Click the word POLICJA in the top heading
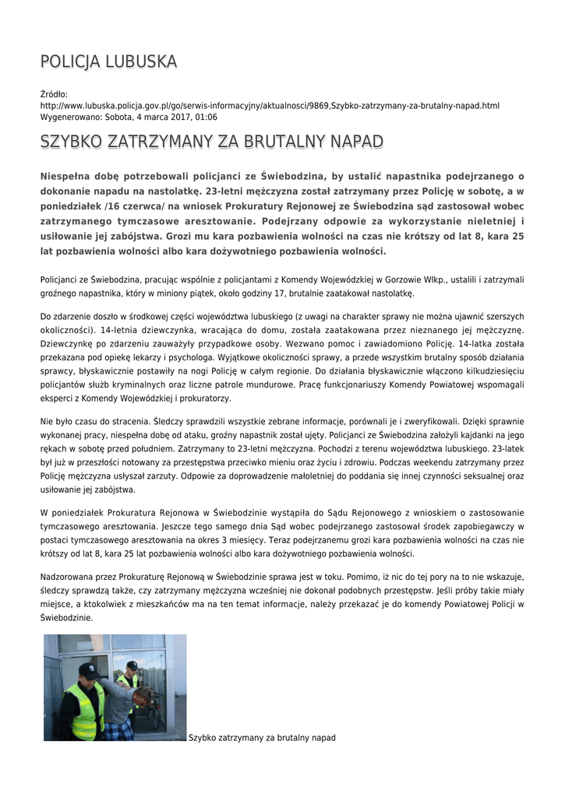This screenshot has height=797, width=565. [68, 61]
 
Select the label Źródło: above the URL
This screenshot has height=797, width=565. [55, 94]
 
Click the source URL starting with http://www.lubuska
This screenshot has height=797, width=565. [270, 105]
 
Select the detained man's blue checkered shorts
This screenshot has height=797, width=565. [118, 732]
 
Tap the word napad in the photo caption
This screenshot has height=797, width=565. [323, 736]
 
